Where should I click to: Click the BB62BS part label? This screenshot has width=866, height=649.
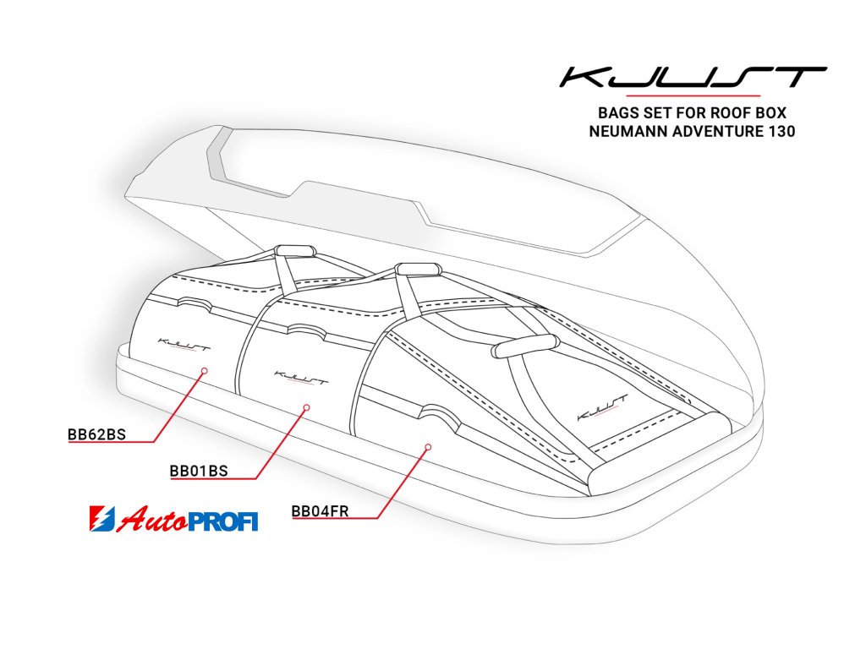(x=96, y=435)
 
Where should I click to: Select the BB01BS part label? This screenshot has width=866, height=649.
(x=199, y=471)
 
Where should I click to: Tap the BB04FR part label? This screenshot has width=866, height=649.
(x=320, y=510)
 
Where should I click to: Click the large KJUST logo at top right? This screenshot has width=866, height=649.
(x=693, y=79)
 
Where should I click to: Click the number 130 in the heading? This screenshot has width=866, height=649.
(x=778, y=132)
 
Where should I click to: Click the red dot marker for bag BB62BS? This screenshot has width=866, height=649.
(x=205, y=370)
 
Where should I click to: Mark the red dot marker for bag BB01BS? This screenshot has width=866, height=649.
(x=307, y=407)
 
